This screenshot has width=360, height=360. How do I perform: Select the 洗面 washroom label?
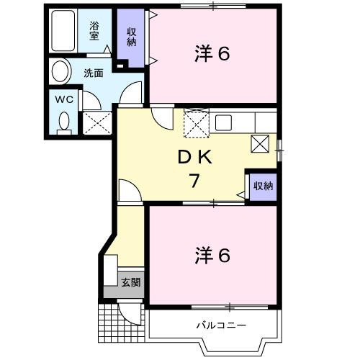(x=93, y=73)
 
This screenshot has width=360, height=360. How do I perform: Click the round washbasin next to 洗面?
(x=61, y=72)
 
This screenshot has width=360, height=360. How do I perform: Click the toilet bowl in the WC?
(x=63, y=121)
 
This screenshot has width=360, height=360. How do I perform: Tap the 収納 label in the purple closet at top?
(x=132, y=36)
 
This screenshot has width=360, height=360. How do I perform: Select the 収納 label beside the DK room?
(x=262, y=186)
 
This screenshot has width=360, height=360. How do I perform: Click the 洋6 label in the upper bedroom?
(x=212, y=54)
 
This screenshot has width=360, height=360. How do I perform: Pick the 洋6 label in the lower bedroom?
(x=212, y=256)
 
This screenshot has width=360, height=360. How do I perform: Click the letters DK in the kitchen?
(x=195, y=157)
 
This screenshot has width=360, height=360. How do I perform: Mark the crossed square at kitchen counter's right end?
(x=260, y=144)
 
